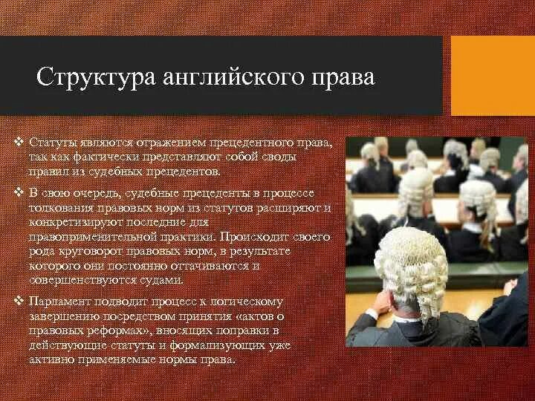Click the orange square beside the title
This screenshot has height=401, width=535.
click(x=493, y=75)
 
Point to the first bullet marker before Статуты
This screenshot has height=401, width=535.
click(x=20, y=141)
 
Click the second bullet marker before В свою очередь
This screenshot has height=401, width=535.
click(x=20, y=192)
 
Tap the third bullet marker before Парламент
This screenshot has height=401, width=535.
click(x=20, y=301)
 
